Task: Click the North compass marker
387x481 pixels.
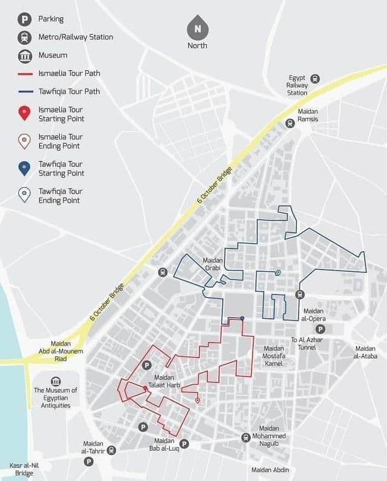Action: [x=197, y=28]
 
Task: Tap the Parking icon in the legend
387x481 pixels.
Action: [x=24, y=19]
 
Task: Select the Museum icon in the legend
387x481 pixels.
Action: [x=24, y=56]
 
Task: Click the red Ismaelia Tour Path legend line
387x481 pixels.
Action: [x=24, y=74]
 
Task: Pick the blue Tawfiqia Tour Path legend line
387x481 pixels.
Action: [x=24, y=92]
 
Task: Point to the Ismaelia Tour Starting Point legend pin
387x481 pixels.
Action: [x=24, y=113]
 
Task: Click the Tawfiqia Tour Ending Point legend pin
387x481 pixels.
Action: [x=24, y=195]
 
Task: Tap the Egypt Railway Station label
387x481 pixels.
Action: [x=297, y=85]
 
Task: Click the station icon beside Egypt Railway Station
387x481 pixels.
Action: [x=315, y=79]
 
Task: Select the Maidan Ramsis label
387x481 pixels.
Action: [x=308, y=116]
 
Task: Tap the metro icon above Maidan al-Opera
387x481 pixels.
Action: [x=299, y=294]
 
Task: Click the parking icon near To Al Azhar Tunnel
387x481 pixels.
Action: [x=321, y=329]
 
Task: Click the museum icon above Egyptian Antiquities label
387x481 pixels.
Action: [x=56, y=381]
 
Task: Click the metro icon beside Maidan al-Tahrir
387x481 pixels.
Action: [x=111, y=450]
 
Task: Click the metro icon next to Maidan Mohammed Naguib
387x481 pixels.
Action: [x=246, y=437]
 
